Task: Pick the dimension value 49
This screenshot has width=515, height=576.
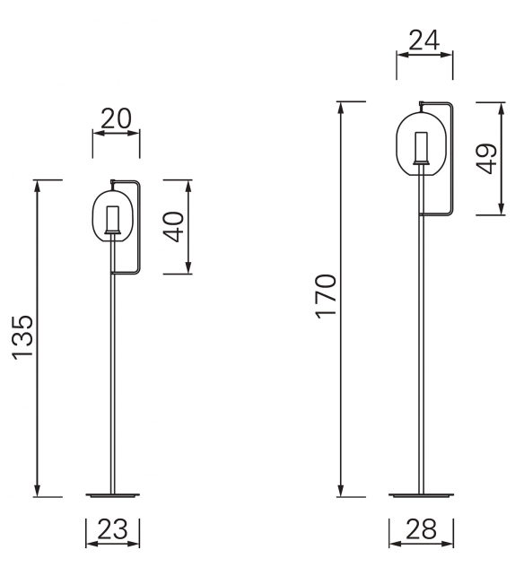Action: (x=488, y=159)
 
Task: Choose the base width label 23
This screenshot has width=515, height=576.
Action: (x=114, y=529)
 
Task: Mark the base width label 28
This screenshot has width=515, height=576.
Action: (x=421, y=529)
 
